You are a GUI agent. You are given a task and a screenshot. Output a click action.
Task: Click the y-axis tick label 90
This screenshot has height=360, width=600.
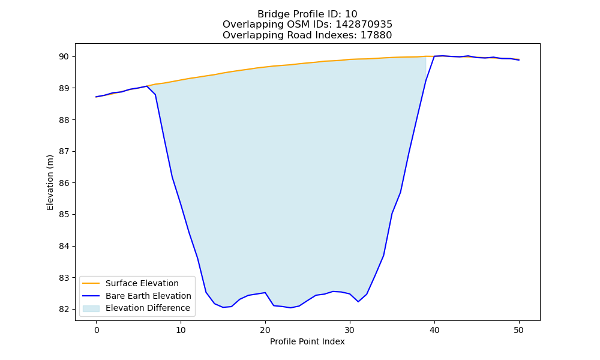64,56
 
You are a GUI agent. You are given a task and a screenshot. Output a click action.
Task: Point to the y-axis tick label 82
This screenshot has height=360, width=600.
64,309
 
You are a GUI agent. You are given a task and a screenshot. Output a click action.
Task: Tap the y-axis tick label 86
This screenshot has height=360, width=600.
64,183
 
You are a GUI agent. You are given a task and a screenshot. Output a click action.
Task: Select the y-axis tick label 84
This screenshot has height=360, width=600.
64,246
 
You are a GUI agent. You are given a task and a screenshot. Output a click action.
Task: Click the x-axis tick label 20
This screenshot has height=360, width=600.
265,330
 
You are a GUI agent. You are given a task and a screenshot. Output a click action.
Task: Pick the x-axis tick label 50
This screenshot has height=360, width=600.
519,330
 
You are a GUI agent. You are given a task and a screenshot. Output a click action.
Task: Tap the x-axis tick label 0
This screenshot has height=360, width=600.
96,330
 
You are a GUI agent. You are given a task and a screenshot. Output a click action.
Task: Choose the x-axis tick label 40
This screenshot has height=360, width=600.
434,330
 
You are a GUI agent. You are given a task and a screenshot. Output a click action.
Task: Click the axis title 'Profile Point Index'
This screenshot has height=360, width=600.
307,341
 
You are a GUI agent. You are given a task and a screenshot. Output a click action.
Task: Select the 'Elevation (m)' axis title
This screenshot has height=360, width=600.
50,182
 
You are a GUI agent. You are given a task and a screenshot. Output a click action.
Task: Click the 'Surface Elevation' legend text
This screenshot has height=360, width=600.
142,283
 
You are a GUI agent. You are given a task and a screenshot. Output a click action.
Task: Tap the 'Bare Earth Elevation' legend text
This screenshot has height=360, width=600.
148,296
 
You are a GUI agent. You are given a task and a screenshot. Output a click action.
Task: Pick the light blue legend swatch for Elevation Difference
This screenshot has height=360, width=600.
91,308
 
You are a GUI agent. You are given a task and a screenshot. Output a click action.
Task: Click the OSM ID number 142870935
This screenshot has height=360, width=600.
364,25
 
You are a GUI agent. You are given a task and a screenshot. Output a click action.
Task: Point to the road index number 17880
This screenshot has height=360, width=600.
376,35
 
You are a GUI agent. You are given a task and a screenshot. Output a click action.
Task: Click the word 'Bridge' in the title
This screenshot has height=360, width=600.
272,14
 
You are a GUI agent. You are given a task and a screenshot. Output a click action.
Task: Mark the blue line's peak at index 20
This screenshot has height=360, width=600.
265,293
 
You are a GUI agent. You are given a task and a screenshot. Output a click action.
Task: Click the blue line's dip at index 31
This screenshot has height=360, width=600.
358,301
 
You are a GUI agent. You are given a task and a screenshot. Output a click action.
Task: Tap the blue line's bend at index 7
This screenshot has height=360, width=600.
155,94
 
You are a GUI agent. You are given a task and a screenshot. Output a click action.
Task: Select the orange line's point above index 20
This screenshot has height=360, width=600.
265,67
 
